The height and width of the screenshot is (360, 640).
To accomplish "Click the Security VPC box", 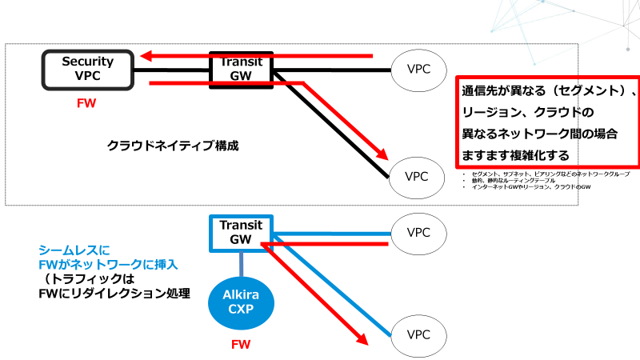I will (88, 68).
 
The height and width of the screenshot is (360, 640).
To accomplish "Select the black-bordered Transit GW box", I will (241, 68).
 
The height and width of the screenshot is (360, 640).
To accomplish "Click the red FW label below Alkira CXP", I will (241, 346).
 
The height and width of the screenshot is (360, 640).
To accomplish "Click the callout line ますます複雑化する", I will (512, 152).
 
